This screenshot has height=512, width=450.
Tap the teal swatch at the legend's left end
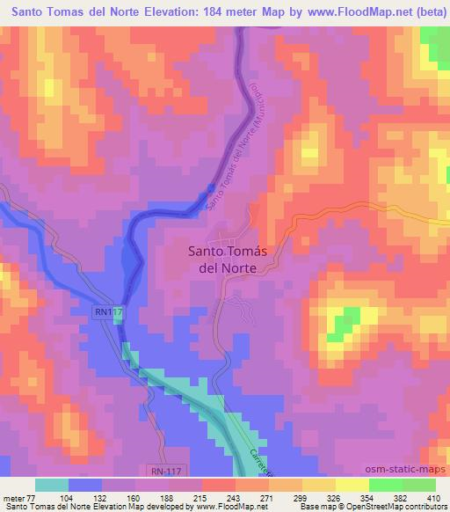pyautogui.click(x=52, y=485)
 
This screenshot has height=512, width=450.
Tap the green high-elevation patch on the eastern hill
pyautogui.click(x=345, y=320)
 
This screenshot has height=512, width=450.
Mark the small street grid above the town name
pyautogui.click(x=223, y=240)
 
